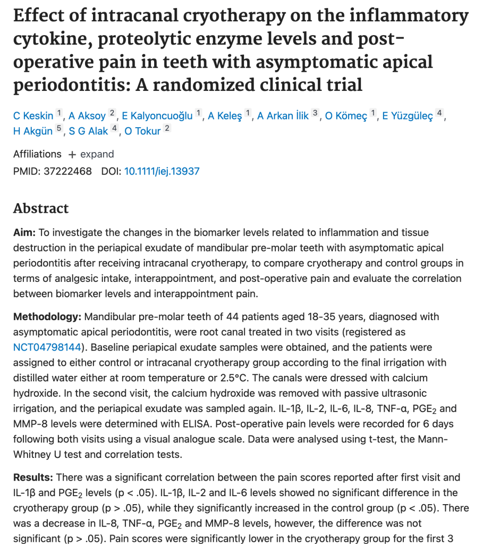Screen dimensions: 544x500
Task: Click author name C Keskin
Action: (x=33, y=115)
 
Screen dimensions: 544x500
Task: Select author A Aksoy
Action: (x=87, y=115)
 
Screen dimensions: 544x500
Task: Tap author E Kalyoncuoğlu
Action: (x=157, y=115)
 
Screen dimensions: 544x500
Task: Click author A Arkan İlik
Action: (x=283, y=115)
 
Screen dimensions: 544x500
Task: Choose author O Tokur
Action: (x=142, y=131)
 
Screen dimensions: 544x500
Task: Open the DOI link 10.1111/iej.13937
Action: (x=162, y=171)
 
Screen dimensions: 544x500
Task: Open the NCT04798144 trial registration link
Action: (x=47, y=347)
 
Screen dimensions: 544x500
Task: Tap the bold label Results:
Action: (x=33, y=477)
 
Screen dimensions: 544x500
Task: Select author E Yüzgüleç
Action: (x=408, y=115)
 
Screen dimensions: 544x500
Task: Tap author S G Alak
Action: (x=88, y=131)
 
